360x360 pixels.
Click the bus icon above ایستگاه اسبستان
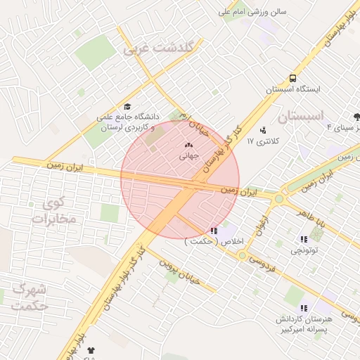point(292,79)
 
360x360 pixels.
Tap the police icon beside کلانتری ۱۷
point(263,129)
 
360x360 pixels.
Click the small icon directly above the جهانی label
point(188,145)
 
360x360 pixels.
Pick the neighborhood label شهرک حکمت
point(29,297)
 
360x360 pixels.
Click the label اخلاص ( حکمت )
point(214,241)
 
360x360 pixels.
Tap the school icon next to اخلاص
point(214,230)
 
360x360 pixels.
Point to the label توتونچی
point(304,250)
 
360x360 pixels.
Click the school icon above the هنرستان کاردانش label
point(304,308)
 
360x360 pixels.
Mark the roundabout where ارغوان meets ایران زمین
point(279,199)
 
